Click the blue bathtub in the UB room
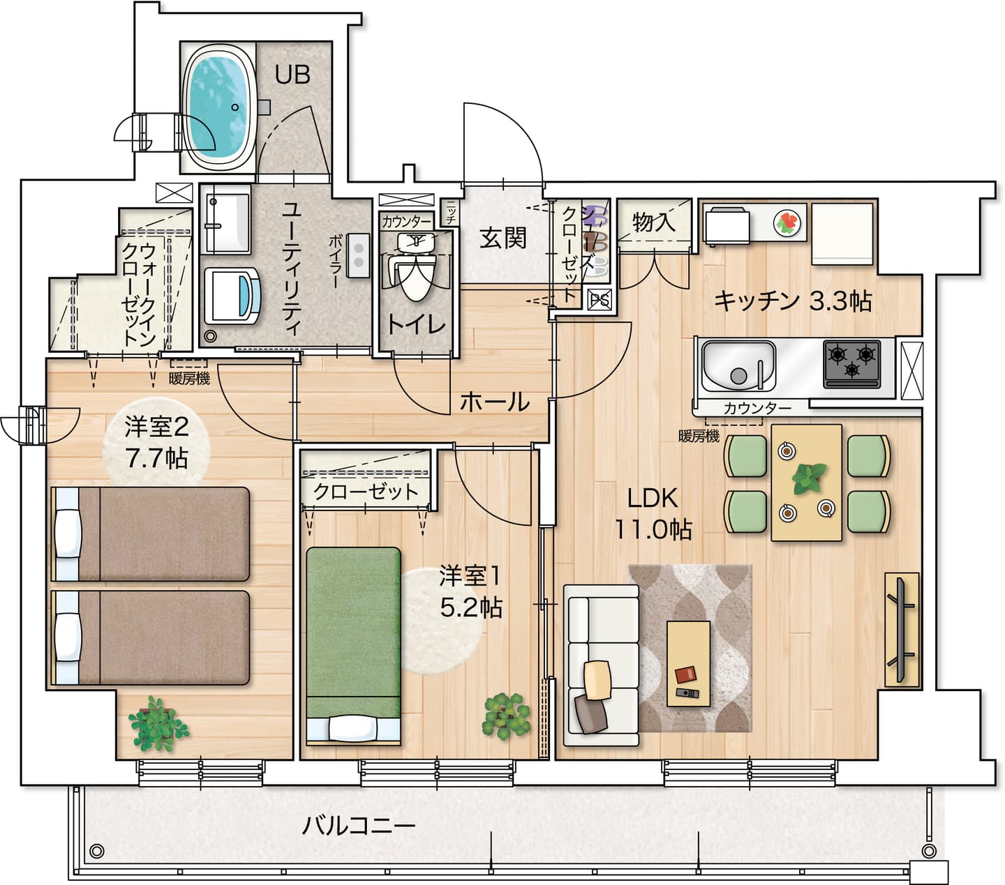point(218,107)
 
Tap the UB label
point(292,75)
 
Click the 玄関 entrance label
point(502,239)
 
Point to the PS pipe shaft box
point(600,300)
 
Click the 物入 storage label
point(654,222)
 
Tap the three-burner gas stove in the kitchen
point(851,363)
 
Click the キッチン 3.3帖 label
point(793,301)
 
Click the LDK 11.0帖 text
point(653,514)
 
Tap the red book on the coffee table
point(685,675)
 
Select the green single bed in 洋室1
point(353,646)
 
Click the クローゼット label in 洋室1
point(366,492)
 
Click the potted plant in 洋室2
point(158,725)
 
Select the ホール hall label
point(495,402)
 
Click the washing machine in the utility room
point(232,296)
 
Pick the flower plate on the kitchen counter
point(787,222)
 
